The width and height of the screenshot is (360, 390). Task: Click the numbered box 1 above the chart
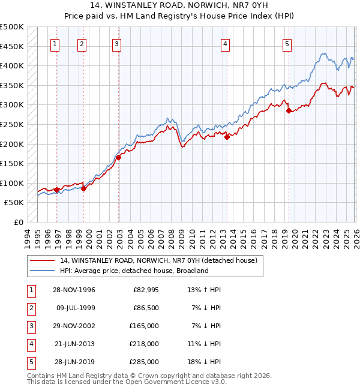click(55, 43)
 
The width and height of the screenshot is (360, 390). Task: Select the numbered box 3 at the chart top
click(116, 43)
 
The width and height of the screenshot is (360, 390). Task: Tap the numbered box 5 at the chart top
click(287, 43)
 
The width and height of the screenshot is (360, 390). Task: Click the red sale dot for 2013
click(227, 137)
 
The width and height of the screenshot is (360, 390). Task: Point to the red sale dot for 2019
click(289, 110)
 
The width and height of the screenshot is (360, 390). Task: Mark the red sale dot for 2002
click(119, 157)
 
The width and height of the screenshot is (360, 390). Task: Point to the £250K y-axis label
click(12, 124)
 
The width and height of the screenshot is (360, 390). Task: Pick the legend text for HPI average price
click(133, 271)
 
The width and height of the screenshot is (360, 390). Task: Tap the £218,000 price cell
click(144, 344)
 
